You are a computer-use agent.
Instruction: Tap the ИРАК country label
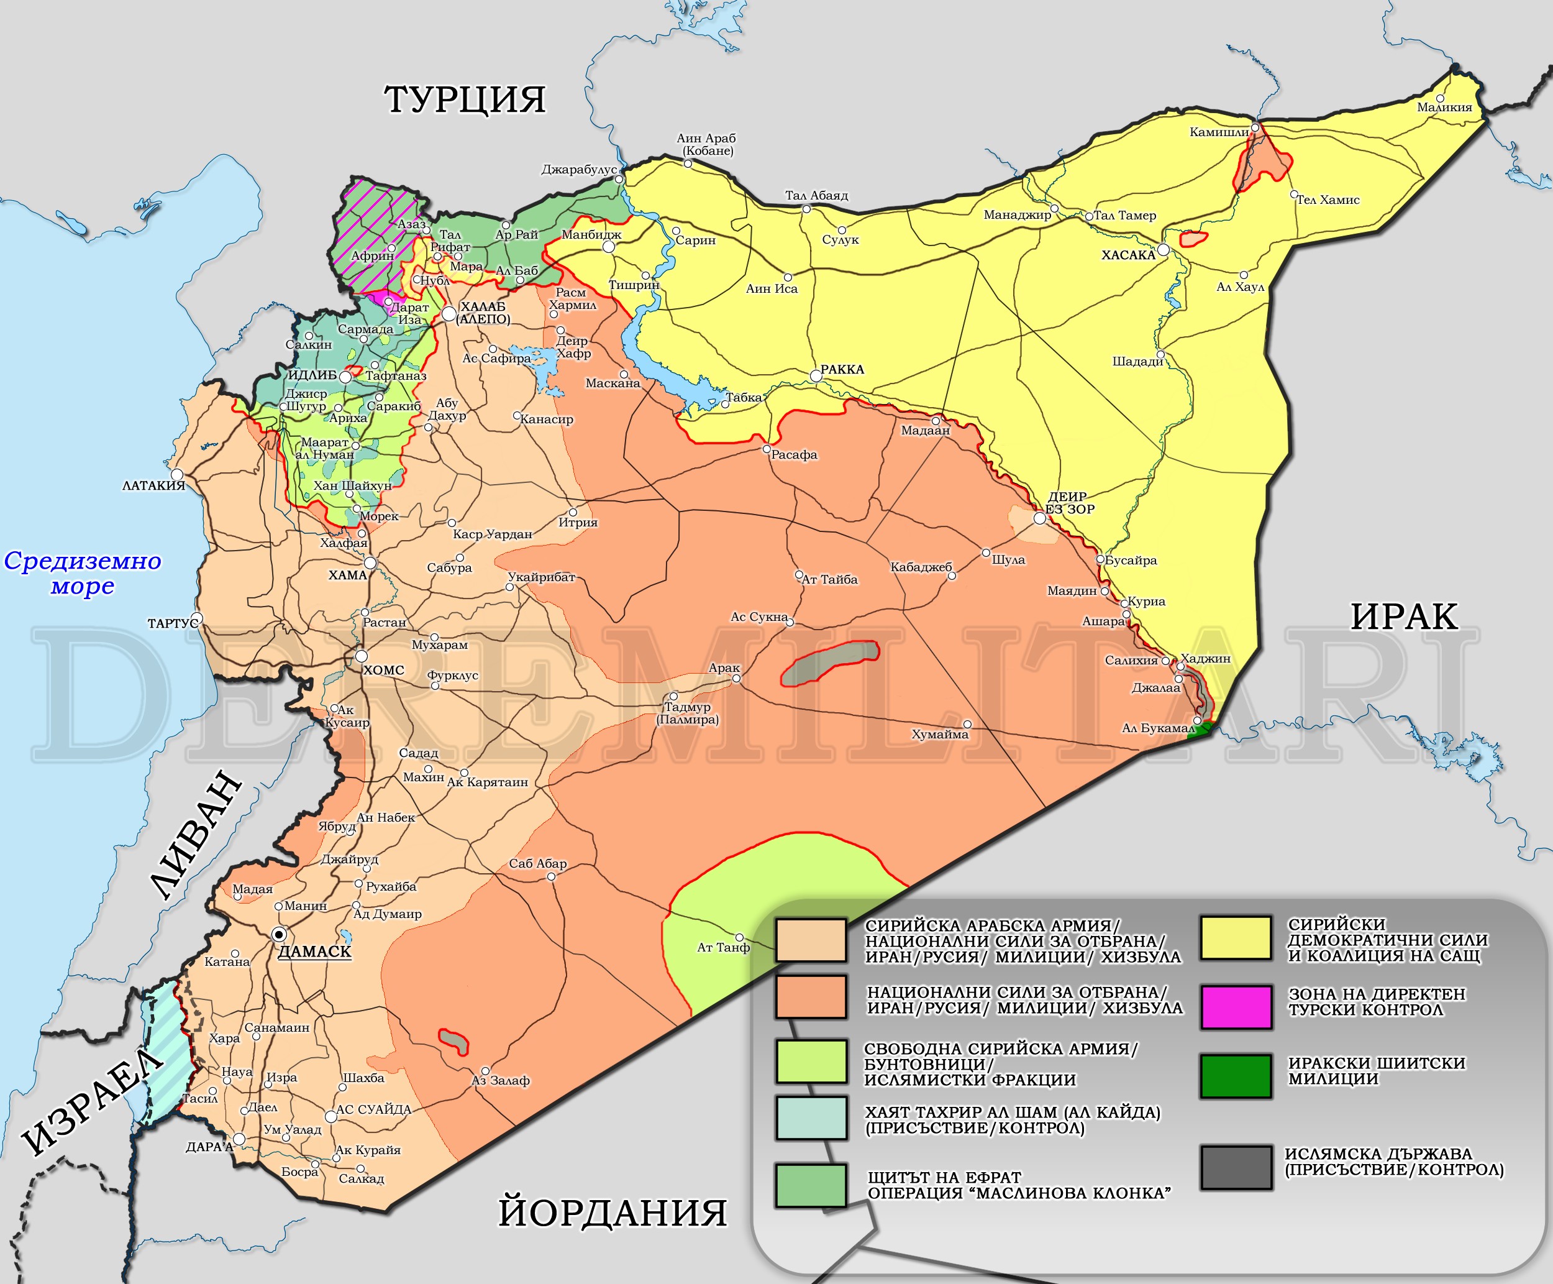(x=1404, y=616)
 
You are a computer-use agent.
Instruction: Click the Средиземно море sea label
(x=82, y=573)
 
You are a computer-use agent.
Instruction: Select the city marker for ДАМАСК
(x=279, y=934)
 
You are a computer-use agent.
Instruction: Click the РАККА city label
(x=842, y=369)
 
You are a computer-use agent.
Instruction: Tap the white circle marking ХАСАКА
(x=1164, y=250)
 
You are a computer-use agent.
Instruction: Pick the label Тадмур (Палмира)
(x=688, y=713)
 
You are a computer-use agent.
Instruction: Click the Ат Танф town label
(x=723, y=948)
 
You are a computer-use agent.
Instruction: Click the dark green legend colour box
(x=1236, y=1075)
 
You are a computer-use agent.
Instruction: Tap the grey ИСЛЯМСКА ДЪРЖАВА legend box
(x=1236, y=1168)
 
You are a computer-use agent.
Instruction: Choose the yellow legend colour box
(x=1236, y=938)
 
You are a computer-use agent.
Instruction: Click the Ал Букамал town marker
(x=1196, y=720)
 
